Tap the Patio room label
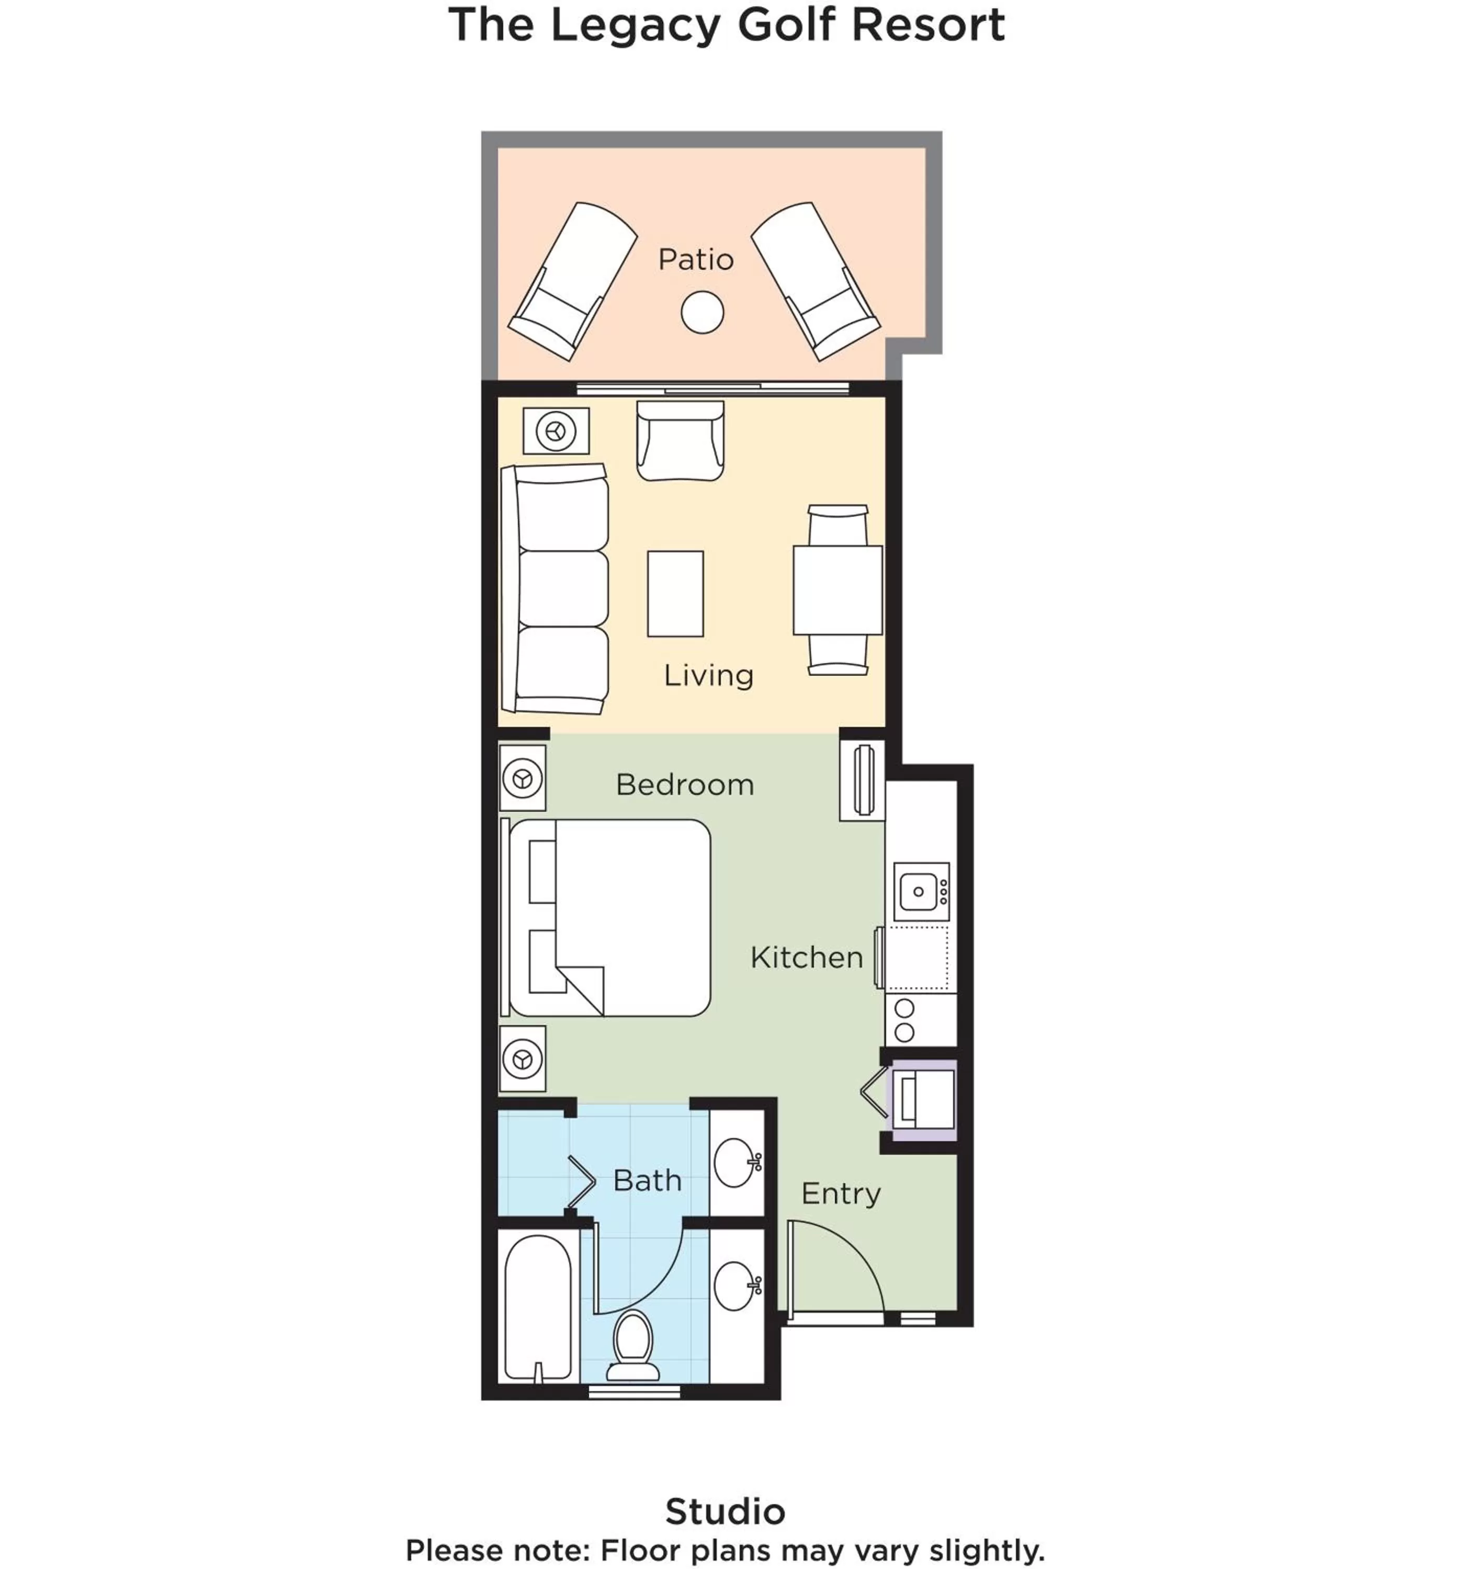pyautogui.click(x=696, y=259)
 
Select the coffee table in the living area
pyautogui.click(x=675, y=594)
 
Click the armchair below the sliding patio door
pyautogui.click(x=680, y=441)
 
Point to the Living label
pyautogui.click(x=708, y=675)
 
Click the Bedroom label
pyautogui.click(x=685, y=784)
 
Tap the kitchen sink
pyautogui.click(x=920, y=891)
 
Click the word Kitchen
pyautogui.click(x=806, y=957)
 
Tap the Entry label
pyautogui.click(x=840, y=1193)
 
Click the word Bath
pyautogui.click(x=647, y=1181)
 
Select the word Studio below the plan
pyautogui.click(x=725, y=1511)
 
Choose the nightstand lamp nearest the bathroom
pyautogui.click(x=522, y=1059)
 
